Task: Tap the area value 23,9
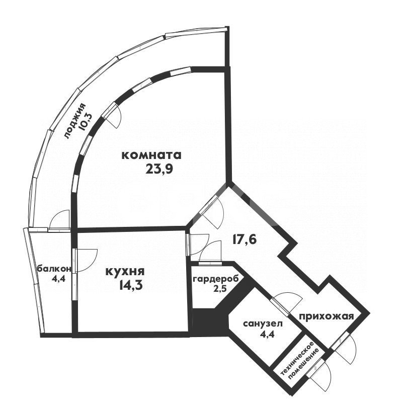point(159,169)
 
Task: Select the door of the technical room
point(322,374)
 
